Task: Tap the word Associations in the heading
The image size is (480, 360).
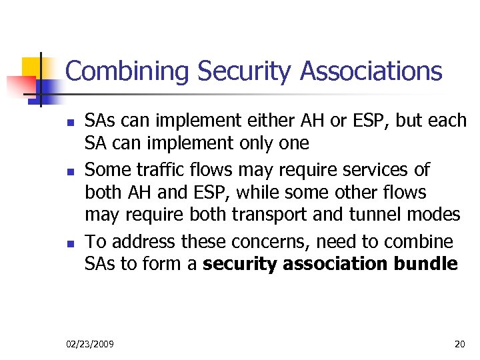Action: pyautogui.click(x=371, y=71)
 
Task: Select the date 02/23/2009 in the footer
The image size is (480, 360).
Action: pyautogui.click(x=90, y=344)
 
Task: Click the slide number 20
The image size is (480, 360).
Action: pyautogui.click(x=459, y=344)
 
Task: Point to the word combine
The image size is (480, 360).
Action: pyautogui.click(x=421, y=241)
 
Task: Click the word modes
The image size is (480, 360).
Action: pyautogui.click(x=437, y=215)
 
